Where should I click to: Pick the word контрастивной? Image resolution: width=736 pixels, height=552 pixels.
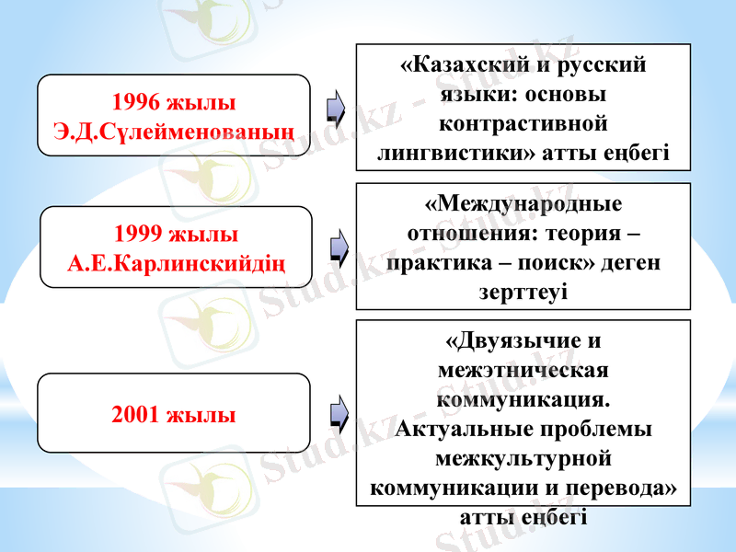pyautogui.click(x=523, y=123)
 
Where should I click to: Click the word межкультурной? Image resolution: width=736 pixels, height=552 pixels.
pyautogui.click(x=523, y=458)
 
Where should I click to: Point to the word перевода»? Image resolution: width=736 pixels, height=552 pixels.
pyautogui.click(x=625, y=488)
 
